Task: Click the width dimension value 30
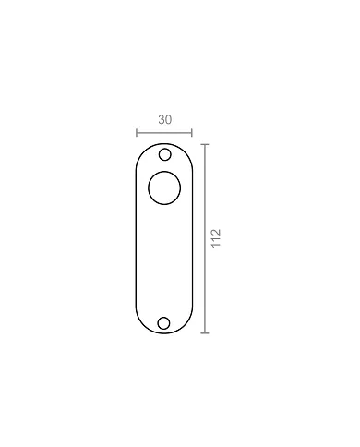165,120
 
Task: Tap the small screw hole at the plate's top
165,154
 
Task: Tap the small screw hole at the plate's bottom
164,322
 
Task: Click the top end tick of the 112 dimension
205,143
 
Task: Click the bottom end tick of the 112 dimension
205,332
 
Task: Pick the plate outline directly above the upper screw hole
165,143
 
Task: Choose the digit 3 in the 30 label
162,120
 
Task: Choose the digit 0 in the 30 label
169,120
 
